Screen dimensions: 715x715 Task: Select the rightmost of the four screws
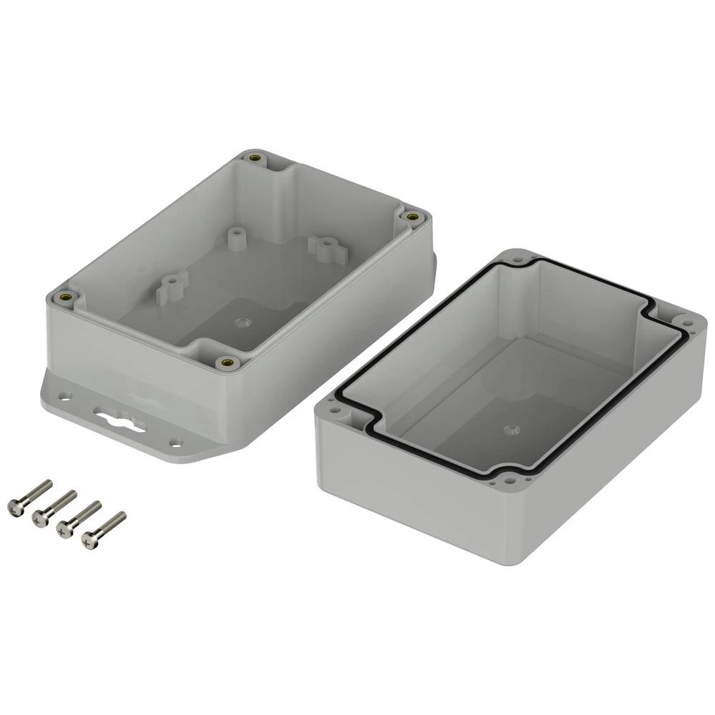tap(104, 530)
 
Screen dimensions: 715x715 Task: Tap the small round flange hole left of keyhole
tap(65, 395)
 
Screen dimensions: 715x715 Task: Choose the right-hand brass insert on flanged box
tap(411, 216)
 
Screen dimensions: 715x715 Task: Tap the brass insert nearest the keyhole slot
tap(228, 363)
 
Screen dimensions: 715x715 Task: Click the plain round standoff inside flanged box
tap(234, 237)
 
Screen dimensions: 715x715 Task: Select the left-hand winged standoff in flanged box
tap(171, 287)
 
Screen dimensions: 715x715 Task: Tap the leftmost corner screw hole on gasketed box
tap(334, 412)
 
